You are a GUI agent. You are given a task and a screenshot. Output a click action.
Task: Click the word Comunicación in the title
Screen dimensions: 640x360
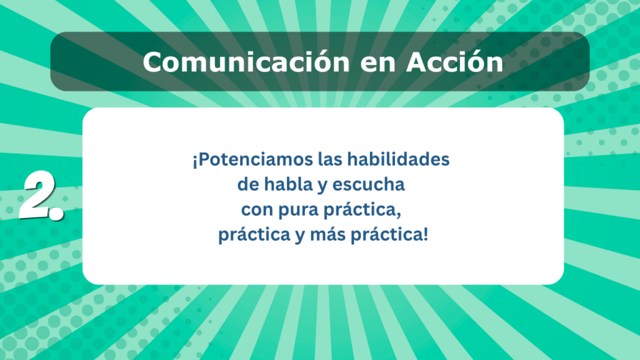tap(246, 62)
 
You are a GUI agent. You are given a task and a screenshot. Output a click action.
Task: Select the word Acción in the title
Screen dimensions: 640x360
tap(455, 62)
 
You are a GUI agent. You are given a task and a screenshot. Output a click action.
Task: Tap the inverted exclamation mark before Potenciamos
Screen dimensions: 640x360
tap(195, 161)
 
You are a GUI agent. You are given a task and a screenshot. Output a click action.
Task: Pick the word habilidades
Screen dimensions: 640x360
tap(398, 159)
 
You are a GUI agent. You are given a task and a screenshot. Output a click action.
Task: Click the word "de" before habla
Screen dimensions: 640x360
tap(247, 184)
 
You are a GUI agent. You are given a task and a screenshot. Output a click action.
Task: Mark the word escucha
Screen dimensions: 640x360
tap(368, 184)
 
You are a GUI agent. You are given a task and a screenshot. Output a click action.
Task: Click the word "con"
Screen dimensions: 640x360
tap(257, 211)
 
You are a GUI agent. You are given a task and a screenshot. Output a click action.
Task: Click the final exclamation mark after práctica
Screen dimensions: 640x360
tap(426, 234)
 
